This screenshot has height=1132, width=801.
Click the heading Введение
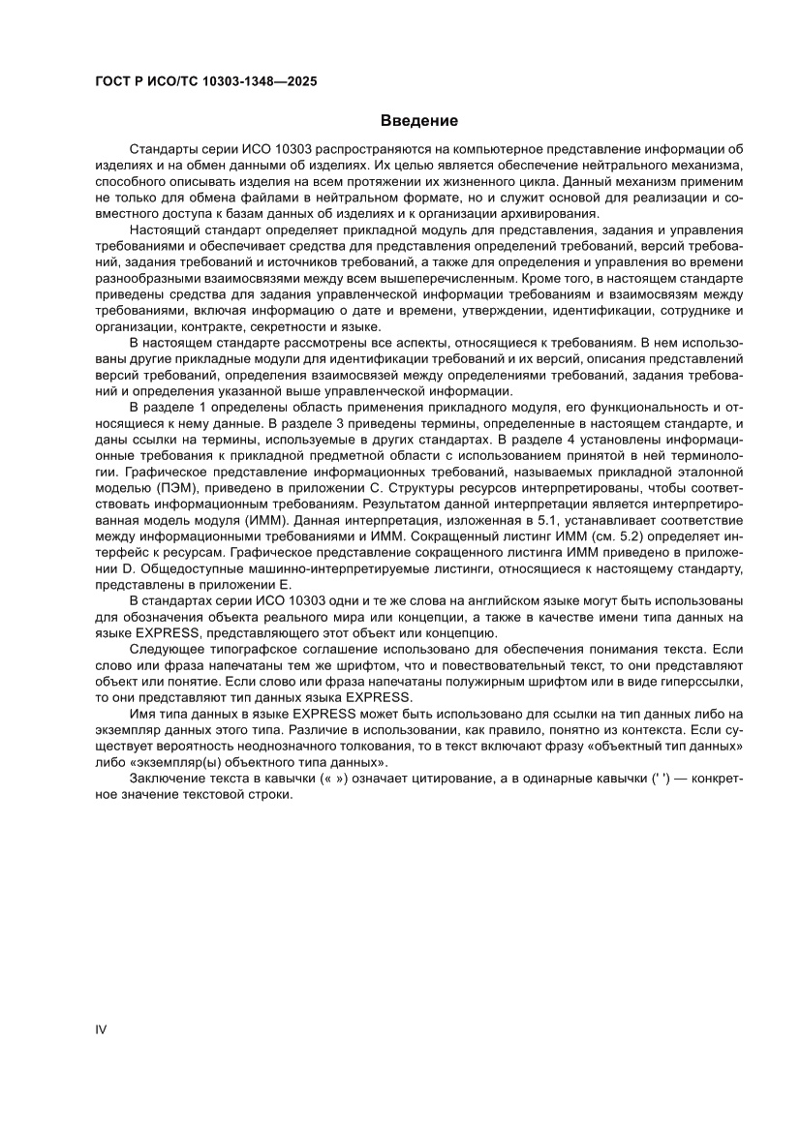418,121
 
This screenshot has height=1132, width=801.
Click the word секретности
283,328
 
